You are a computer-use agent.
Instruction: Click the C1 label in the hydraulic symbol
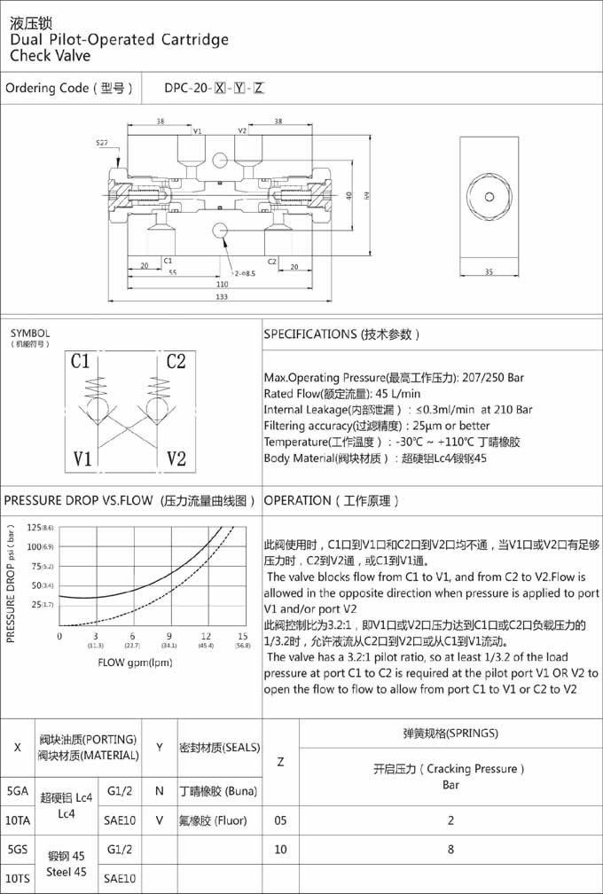pyautogui.click(x=81, y=362)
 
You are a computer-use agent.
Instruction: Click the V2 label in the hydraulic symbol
pyautogui.click(x=176, y=362)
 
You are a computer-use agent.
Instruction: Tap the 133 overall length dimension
pyautogui.click(x=222, y=297)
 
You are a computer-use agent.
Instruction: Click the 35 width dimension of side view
pyautogui.click(x=488, y=272)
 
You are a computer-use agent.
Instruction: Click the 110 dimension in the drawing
pyautogui.click(x=222, y=285)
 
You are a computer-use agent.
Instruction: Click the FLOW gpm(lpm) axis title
pyautogui.click(x=135, y=663)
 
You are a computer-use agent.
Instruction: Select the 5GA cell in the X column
pyautogui.click(x=17, y=790)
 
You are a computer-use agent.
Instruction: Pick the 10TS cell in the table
pyautogui.click(x=17, y=878)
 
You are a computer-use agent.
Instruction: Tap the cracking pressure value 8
pyautogui.click(x=450, y=849)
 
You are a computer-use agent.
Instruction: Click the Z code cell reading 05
pyautogui.click(x=280, y=819)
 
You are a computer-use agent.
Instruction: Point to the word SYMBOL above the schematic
pyautogui.click(x=31, y=333)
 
